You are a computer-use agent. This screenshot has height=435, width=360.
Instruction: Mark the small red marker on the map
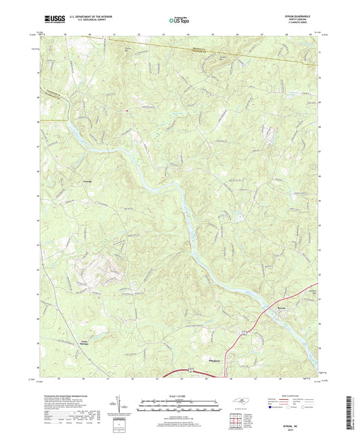pos(125,106)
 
